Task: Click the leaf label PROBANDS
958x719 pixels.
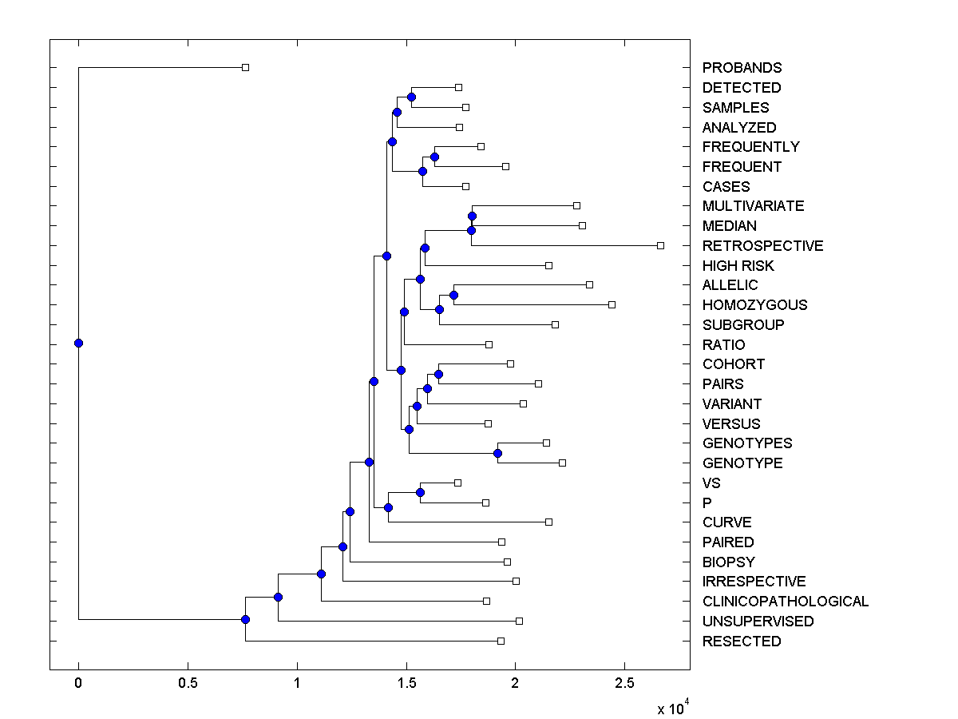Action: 742,68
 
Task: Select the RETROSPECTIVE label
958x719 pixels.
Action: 762,246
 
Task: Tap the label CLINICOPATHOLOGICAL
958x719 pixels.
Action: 785,602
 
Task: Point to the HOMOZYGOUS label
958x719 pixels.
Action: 754,305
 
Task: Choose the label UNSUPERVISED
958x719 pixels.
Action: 758,622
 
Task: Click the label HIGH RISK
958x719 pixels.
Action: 738,266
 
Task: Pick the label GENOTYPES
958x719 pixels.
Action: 747,443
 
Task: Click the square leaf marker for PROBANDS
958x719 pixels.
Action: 245,67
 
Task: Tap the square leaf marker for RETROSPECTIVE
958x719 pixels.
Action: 660,245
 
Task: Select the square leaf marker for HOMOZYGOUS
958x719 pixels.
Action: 612,304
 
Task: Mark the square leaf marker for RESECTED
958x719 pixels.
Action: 501,641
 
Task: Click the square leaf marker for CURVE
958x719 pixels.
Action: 548,522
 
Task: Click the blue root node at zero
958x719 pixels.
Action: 78,344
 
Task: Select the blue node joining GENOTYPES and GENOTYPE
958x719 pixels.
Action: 497,453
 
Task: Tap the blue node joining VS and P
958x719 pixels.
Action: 420,492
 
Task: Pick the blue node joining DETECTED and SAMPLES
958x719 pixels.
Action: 411,97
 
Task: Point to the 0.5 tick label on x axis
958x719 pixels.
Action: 188,683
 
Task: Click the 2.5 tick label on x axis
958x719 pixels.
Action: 624,683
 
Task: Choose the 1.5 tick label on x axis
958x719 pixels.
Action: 406,683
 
